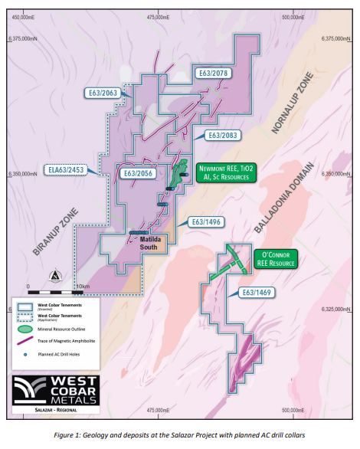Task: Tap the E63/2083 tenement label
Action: pos(224,135)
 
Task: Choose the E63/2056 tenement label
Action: pos(139,174)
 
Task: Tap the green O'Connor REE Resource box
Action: pos(273,259)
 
